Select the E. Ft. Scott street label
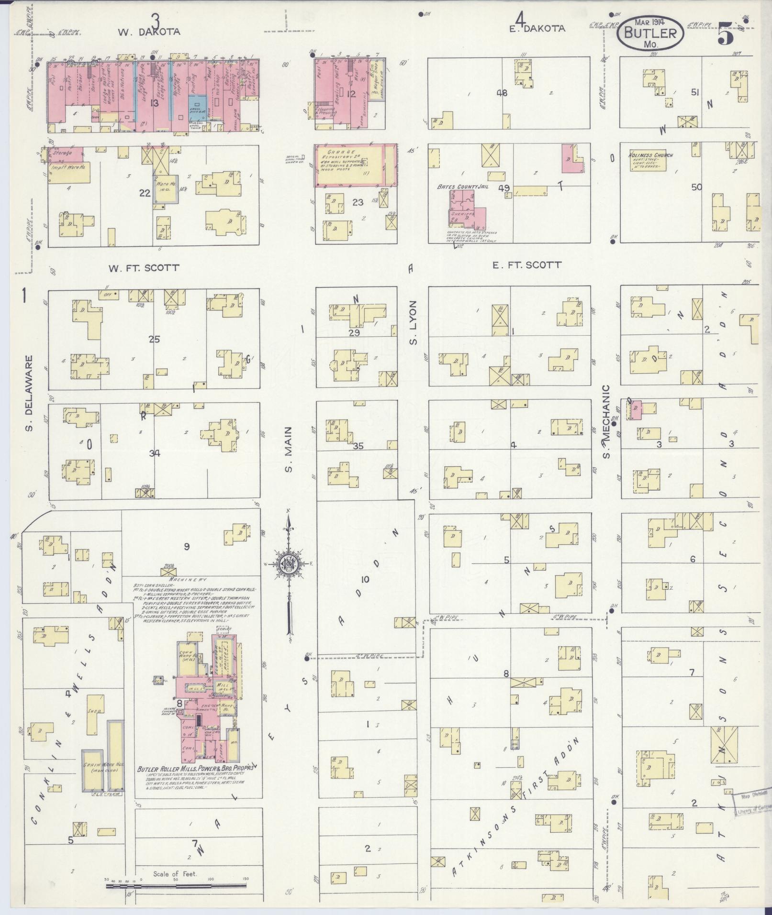[526, 265]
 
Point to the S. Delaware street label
[29, 393]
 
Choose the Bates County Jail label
[462, 187]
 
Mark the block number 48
[502, 93]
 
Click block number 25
[154, 340]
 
